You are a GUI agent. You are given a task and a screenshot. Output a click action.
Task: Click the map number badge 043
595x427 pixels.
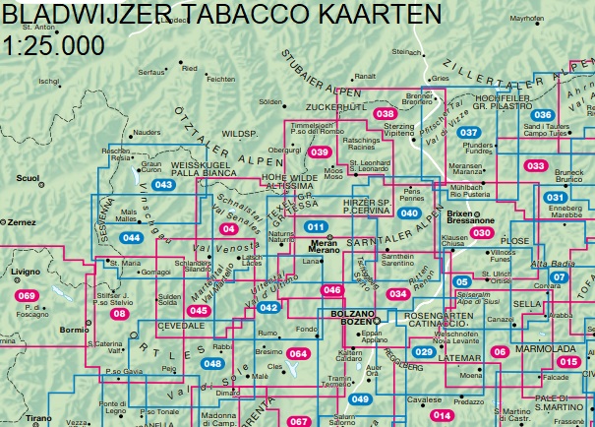[164, 185]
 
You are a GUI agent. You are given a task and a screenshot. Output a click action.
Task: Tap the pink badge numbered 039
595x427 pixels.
[320, 152]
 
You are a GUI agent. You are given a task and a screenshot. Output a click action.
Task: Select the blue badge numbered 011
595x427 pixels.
[316, 227]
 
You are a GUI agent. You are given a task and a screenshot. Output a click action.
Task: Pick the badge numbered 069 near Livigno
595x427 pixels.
[27, 296]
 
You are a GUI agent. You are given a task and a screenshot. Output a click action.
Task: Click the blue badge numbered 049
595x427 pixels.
[360, 398]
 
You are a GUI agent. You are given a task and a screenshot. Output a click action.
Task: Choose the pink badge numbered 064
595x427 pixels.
[298, 353]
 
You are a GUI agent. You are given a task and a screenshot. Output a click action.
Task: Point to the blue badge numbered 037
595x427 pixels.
[470, 133]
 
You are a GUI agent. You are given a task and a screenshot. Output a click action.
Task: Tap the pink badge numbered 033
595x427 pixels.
[535, 166]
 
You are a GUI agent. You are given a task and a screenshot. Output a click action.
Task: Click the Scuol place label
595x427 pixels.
[28, 178]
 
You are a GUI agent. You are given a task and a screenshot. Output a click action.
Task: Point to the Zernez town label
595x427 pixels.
[21, 223]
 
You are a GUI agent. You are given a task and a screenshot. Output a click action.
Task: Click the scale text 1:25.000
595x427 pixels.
[55, 45]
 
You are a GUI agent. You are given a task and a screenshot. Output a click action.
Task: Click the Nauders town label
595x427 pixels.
[147, 131]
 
